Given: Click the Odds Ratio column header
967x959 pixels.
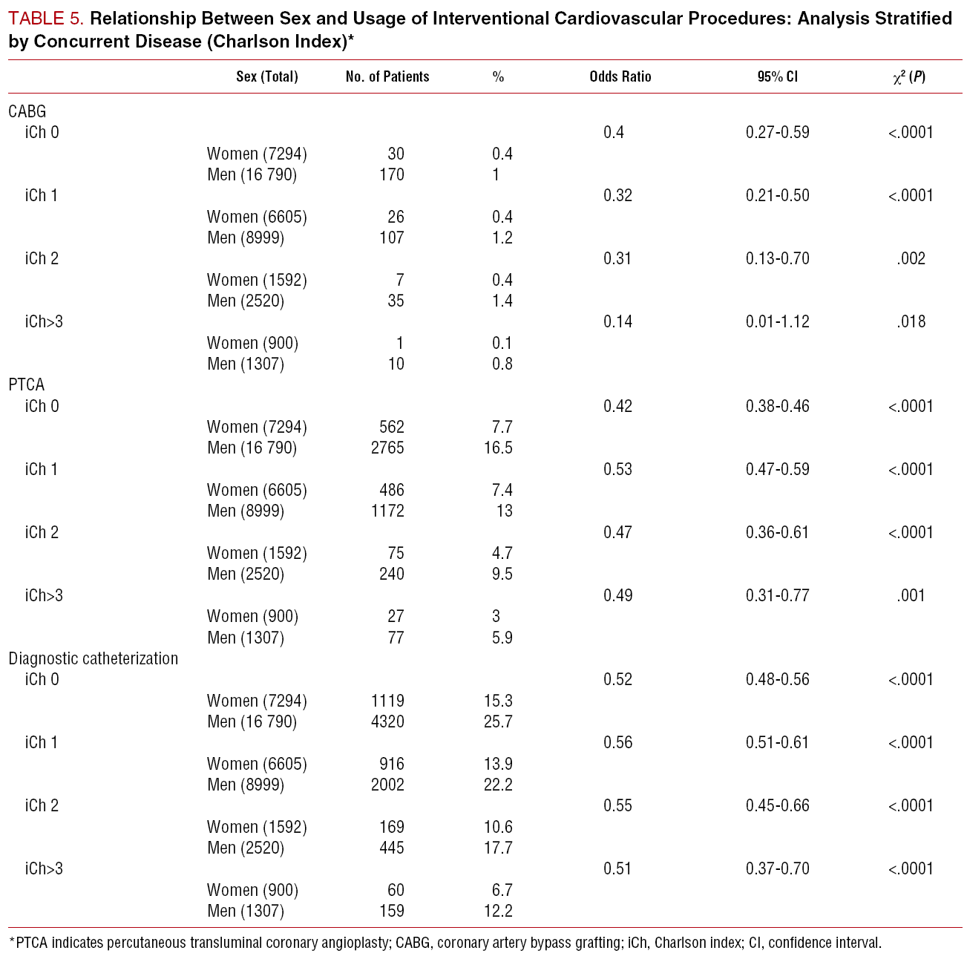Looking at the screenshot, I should click(x=620, y=76).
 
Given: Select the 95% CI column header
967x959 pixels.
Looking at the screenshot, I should click(x=777, y=76).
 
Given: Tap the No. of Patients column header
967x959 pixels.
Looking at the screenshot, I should click(x=387, y=76).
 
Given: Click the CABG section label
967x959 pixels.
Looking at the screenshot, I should click(x=27, y=111).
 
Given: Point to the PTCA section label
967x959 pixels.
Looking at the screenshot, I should click(x=27, y=384).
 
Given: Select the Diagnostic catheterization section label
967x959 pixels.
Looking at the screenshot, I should click(x=94, y=658).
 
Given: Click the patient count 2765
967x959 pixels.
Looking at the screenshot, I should click(x=387, y=448).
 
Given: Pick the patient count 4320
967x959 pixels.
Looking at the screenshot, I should click(x=387, y=721).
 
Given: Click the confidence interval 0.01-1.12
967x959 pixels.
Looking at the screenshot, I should click(x=777, y=321).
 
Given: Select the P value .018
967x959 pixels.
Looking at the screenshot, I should click(x=911, y=321).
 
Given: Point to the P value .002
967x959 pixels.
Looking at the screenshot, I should click(x=911, y=258).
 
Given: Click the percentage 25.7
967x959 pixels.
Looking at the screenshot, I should click(x=498, y=721).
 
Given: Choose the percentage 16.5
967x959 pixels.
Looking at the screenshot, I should click(x=498, y=448).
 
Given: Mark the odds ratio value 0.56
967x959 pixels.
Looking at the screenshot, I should click(x=617, y=742).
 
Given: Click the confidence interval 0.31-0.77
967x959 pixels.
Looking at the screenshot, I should click(x=777, y=595).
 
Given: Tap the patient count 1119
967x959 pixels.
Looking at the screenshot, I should click(x=387, y=701).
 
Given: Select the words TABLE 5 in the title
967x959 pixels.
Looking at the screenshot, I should click(x=45, y=19).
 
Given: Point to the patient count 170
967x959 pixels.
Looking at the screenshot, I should click(x=391, y=174).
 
